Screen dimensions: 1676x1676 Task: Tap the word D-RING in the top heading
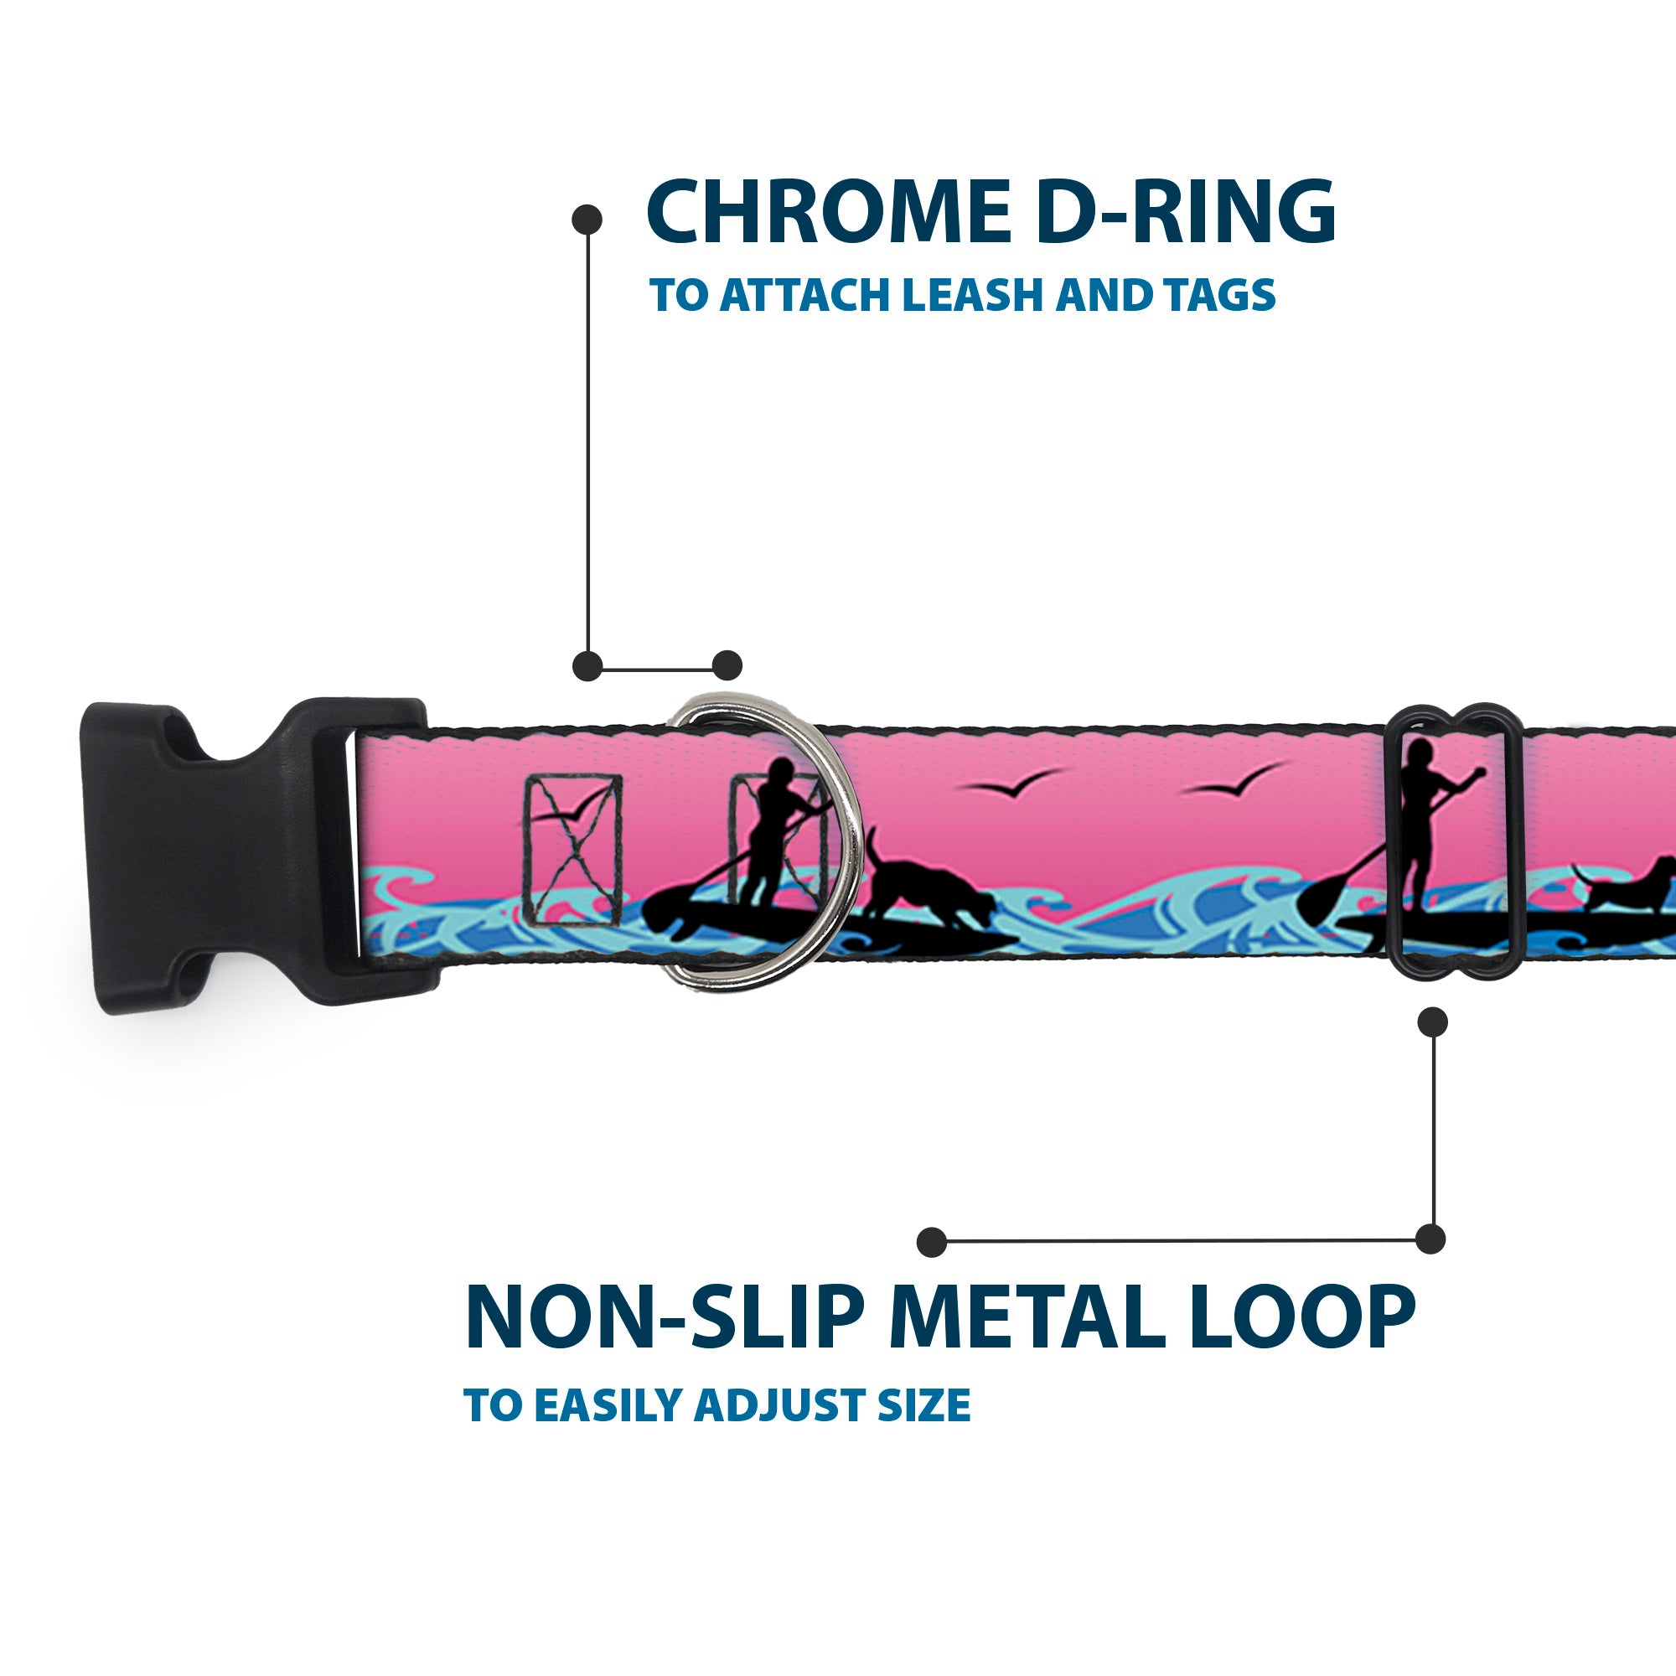point(1185,213)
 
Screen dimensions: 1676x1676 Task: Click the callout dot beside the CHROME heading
point(587,219)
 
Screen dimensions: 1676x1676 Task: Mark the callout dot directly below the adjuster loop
point(1432,1022)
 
